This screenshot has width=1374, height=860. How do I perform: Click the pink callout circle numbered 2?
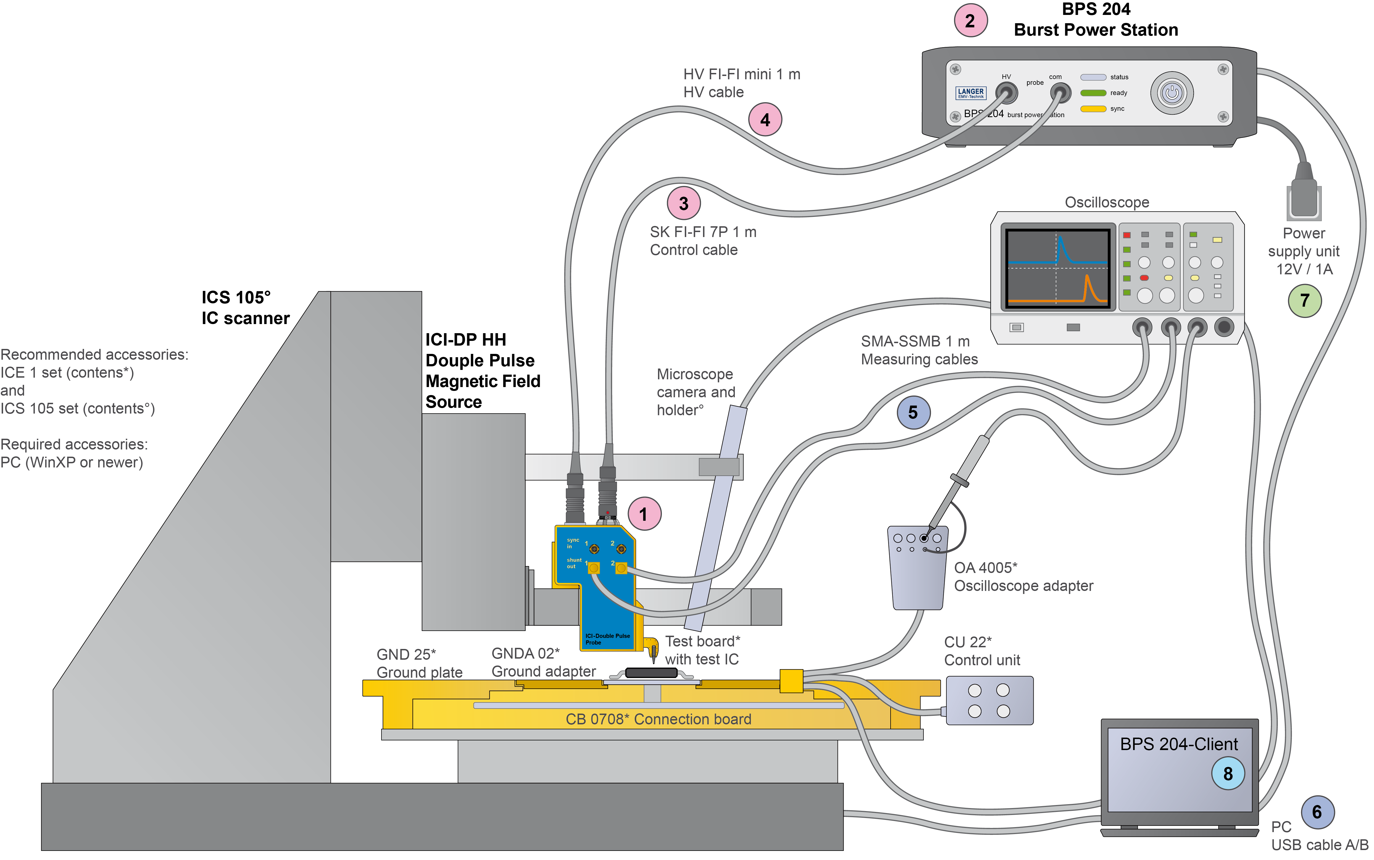970,21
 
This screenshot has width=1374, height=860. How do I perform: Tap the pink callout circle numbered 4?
765,120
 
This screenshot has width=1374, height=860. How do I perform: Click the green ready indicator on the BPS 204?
1093,93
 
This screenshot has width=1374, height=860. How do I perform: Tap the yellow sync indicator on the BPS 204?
1093,109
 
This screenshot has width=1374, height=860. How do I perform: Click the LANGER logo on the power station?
970,93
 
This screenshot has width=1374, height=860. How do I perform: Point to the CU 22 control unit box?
989,700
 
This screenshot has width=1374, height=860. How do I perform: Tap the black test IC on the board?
651,673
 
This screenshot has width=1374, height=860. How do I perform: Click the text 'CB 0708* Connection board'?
658,719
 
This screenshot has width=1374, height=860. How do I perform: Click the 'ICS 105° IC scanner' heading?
245,308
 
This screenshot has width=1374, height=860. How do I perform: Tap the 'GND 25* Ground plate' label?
419,663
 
